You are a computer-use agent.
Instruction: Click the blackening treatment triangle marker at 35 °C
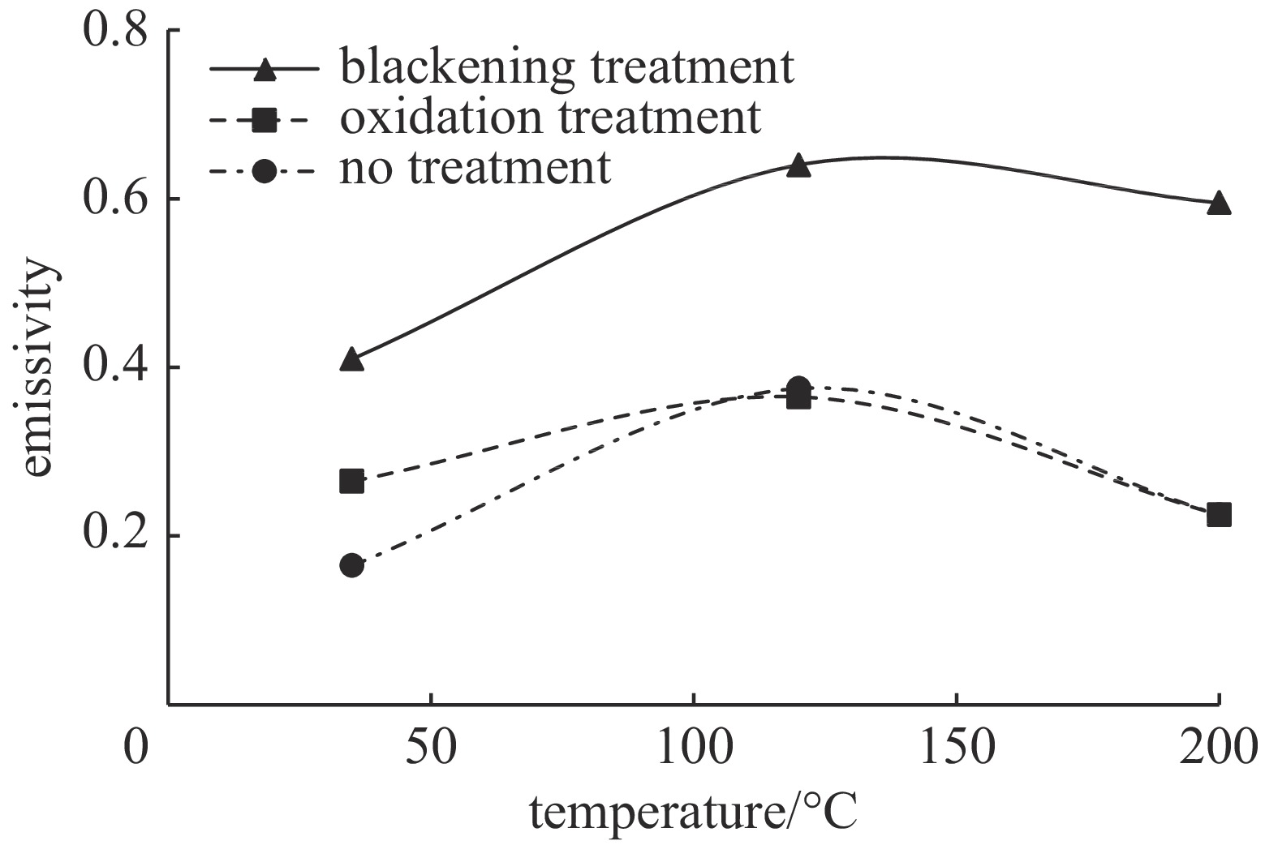click(351, 359)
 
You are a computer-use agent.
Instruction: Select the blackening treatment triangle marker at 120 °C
click(799, 165)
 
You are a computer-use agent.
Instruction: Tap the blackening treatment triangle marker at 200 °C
click(1219, 203)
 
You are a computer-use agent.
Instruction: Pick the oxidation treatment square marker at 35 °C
click(351, 481)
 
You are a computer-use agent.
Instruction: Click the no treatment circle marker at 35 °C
click(351, 565)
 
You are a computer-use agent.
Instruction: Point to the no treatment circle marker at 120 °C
click(799, 387)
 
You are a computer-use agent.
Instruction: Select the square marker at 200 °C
click(1219, 515)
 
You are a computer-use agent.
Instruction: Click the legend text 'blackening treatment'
click(566, 66)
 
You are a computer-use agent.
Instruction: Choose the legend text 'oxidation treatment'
click(551, 118)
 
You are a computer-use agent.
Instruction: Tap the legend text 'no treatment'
click(475, 169)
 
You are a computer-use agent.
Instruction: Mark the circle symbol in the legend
click(265, 172)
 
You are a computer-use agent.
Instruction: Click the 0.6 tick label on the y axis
click(115, 199)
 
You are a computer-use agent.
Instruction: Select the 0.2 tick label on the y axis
click(115, 536)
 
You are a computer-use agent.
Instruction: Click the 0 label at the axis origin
click(138, 748)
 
